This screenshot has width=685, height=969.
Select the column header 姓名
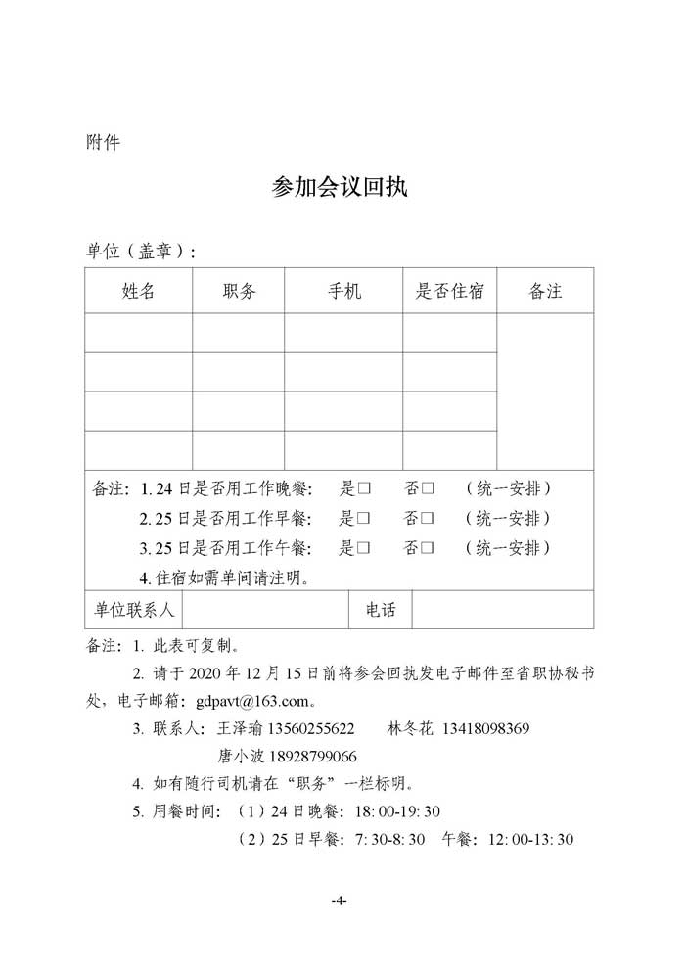click(x=139, y=291)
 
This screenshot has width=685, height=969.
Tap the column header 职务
click(x=239, y=291)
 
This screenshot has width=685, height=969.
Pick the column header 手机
click(x=343, y=291)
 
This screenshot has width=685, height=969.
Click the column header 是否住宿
click(x=450, y=291)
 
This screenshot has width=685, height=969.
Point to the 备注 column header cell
click(x=545, y=291)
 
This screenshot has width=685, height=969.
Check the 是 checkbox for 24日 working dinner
click(x=363, y=488)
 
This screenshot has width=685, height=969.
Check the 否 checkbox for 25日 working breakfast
click(x=428, y=518)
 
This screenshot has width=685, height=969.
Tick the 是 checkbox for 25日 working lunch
click(x=363, y=547)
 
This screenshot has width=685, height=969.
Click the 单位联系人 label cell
click(x=134, y=610)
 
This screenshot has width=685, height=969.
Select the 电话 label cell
click(x=381, y=610)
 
